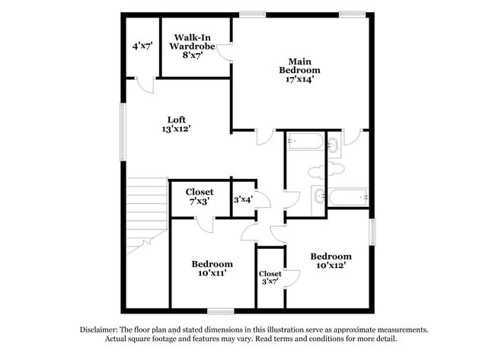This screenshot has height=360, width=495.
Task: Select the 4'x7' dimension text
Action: pos(142,46)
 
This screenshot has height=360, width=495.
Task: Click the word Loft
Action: pos(176,119)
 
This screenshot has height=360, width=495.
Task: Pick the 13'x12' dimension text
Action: pos(176,129)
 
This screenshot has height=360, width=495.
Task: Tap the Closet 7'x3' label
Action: pos(199,196)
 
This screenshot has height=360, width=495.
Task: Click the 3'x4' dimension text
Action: pos(243,199)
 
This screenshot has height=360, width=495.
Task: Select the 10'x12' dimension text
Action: pos(331,267)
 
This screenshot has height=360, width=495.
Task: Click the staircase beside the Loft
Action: pos(147,213)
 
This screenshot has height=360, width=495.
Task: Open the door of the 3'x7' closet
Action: pos(292,277)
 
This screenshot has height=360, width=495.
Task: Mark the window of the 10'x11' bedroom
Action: pos(220,311)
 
